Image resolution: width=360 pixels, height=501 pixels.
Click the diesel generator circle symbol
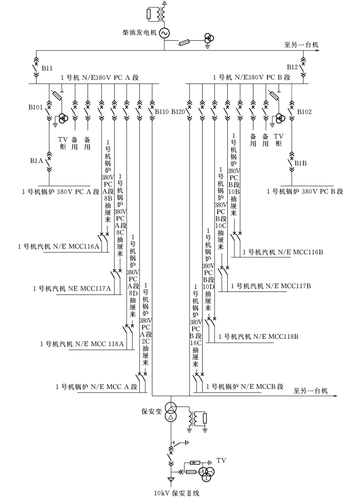[164, 33]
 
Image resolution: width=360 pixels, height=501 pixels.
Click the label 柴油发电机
[139, 33]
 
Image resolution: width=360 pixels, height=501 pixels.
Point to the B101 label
[37, 107]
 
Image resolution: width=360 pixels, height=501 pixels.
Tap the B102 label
[305, 112]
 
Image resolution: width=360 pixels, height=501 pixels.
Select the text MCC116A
[87, 246]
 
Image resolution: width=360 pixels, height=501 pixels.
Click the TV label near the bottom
[222, 460]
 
